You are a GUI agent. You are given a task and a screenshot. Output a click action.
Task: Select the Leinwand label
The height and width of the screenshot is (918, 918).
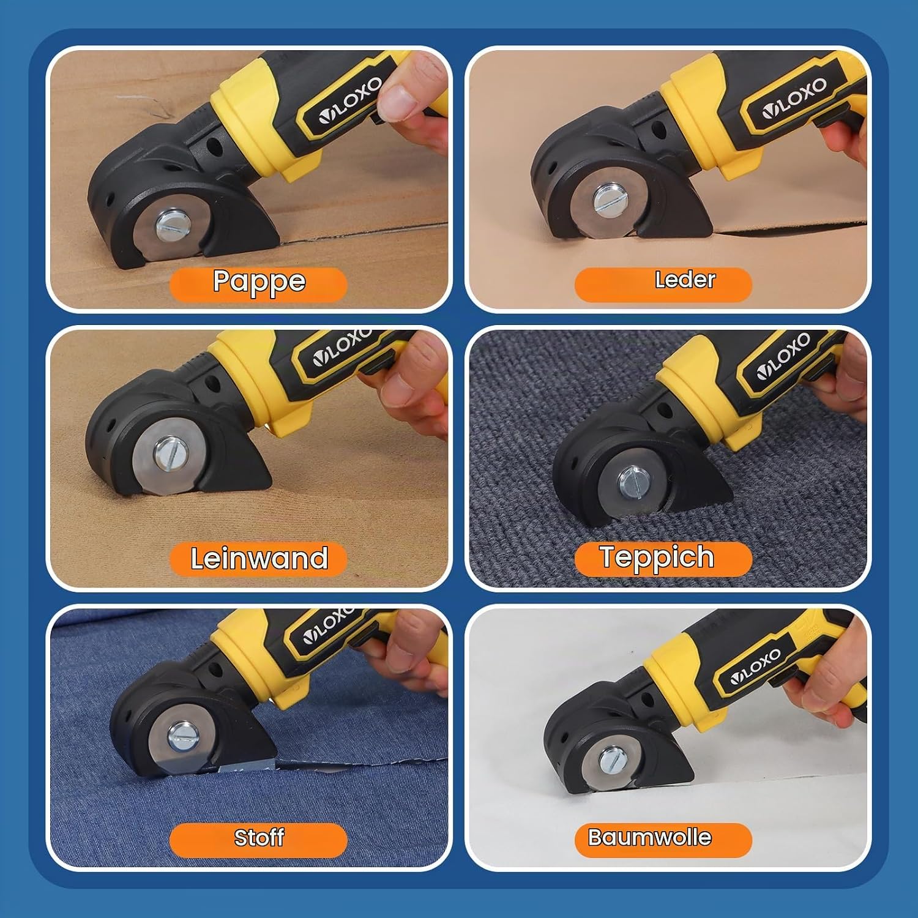pos(258,559)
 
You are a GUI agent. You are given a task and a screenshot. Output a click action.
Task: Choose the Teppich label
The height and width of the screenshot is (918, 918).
pos(663,559)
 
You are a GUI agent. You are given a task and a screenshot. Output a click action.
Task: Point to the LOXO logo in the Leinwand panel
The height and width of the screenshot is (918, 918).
pos(340,349)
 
